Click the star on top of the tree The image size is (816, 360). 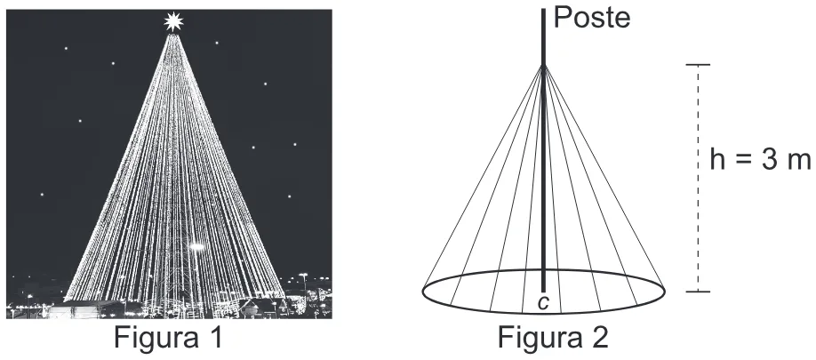(x=173, y=21)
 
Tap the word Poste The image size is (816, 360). (x=592, y=18)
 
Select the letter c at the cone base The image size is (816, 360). (x=543, y=303)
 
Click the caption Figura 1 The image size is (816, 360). (x=168, y=338)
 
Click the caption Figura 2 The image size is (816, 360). (x=553, y=338)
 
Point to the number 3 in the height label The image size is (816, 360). (x=770, y=160)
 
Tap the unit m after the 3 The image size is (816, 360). (x=799, y=163)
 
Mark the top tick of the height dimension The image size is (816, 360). (x=698, y=65)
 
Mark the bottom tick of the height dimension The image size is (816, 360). (x=698, y=292)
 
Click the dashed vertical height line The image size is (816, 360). (x=698, y=178)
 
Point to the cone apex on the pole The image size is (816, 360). (x=543, y=66)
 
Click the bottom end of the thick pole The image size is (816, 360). (x=543, y=292)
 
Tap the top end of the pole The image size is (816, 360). (x=543, y=9)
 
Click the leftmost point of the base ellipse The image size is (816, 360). (x=422, y=292)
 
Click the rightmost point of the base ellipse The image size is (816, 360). (x=665, y=292)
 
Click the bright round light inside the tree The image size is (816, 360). (x=197, y=246)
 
